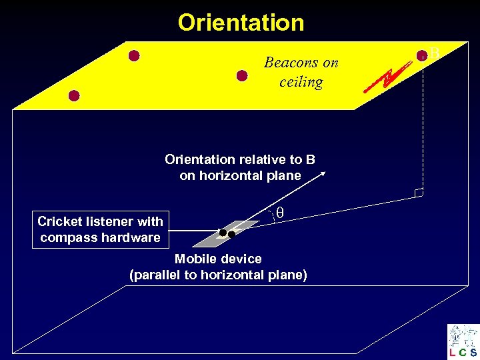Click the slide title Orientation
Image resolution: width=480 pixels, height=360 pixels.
pos(241,23)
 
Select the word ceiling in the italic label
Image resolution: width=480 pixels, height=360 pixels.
pos(301,82)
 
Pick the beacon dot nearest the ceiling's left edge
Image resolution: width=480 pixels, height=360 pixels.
pos(74,95)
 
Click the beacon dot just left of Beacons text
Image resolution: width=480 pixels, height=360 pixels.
pos(243,75)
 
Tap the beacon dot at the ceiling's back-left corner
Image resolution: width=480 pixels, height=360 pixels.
pos(134,55)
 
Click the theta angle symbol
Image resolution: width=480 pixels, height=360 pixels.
pos(280,212)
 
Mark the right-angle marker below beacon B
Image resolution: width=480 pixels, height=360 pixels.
pos(418,193)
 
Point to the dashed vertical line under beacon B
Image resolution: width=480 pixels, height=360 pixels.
pos(423,127)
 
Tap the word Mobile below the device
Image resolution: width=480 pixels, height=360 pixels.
pos(194,259)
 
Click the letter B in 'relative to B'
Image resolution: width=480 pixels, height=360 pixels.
pos(310,159)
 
